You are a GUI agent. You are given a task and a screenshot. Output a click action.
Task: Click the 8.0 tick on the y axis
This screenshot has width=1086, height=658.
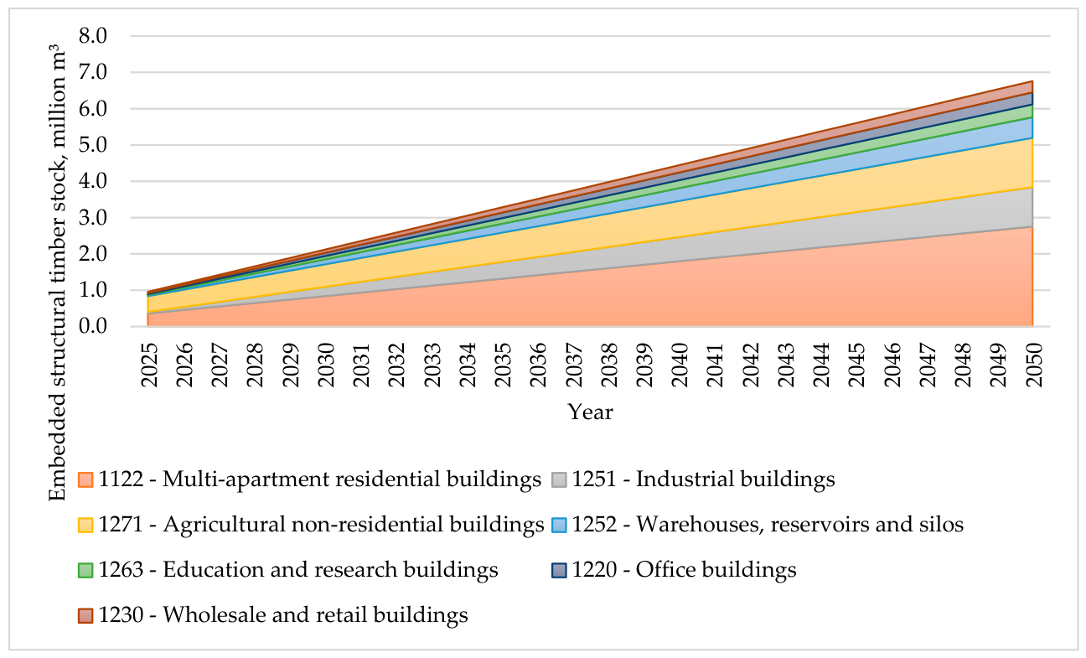pyautogui.click(x=93, y=36)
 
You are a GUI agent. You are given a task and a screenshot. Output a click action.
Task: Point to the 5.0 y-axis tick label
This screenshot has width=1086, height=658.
pyautogui.click(x=93, y=145)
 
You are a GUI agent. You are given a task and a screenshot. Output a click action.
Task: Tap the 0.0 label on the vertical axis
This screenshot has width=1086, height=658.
pyautogui.click(x=93, y=326)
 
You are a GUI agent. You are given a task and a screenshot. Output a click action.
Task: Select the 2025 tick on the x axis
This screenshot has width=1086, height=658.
pyautogui.click(x=149, y=365)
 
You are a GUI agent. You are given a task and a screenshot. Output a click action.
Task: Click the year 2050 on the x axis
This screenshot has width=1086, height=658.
pyautogui.click(x=1035, y=365)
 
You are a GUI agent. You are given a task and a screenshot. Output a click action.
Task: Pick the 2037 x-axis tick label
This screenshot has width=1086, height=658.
pyautogui.click(x=574, y=365)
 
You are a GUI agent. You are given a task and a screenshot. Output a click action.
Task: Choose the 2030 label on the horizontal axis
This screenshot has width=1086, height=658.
pyautogui.click(x=326, y=365)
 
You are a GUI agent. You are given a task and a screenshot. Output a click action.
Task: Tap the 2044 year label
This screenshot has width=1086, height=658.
pyautogui.click(x=822, y=365)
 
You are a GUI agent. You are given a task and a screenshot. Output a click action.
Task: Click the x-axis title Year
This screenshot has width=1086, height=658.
pyautogui.click(x=590, y=412)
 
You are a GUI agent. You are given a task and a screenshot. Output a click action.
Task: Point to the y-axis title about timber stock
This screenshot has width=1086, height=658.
pyautogui.click(x=57, y=273)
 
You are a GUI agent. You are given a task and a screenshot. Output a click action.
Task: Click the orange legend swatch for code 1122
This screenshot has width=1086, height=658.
pyautogui.click(x=85, y=480)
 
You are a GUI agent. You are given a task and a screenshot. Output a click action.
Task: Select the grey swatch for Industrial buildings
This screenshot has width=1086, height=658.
pyautogui.click(x=559, y=480)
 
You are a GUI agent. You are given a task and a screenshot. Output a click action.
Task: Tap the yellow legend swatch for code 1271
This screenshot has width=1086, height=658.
pyautogui.click(x=85, y=525)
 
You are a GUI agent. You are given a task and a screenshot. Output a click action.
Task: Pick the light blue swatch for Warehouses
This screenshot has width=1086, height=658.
pyautogui.click(x=559, y=525)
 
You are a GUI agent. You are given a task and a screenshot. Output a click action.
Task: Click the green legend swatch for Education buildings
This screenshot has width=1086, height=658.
pyautogui.click(x=85, y=571)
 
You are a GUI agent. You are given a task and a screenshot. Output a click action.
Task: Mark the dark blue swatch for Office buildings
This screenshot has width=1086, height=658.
pyautogui.click(x=559, y=571)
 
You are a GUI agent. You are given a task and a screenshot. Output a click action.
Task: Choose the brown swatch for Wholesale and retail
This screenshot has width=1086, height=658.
pyautogui.click(x=85, y=616)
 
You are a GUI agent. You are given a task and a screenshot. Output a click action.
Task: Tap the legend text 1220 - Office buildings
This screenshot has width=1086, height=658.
pyautogui.click(x=684, y=570)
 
